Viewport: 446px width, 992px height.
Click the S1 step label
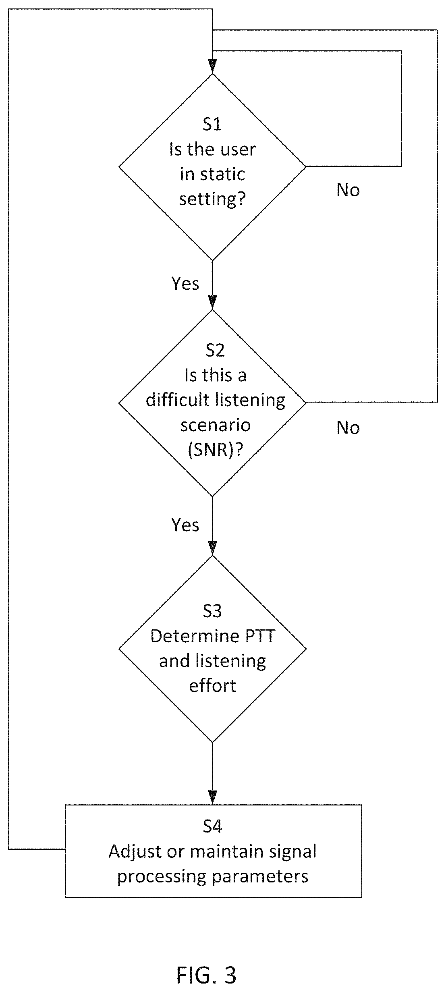212,125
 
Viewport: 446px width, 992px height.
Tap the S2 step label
215,350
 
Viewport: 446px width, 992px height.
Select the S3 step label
212,611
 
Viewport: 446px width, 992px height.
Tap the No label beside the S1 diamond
348,190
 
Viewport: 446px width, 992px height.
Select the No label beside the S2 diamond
348,428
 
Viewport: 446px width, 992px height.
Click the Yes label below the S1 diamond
185,284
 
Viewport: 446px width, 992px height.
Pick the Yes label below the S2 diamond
185,525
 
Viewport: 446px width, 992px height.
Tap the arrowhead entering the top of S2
212,302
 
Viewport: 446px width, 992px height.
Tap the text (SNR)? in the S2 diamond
215,450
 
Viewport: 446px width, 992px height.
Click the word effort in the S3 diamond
212,686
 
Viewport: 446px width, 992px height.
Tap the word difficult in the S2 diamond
178,400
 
